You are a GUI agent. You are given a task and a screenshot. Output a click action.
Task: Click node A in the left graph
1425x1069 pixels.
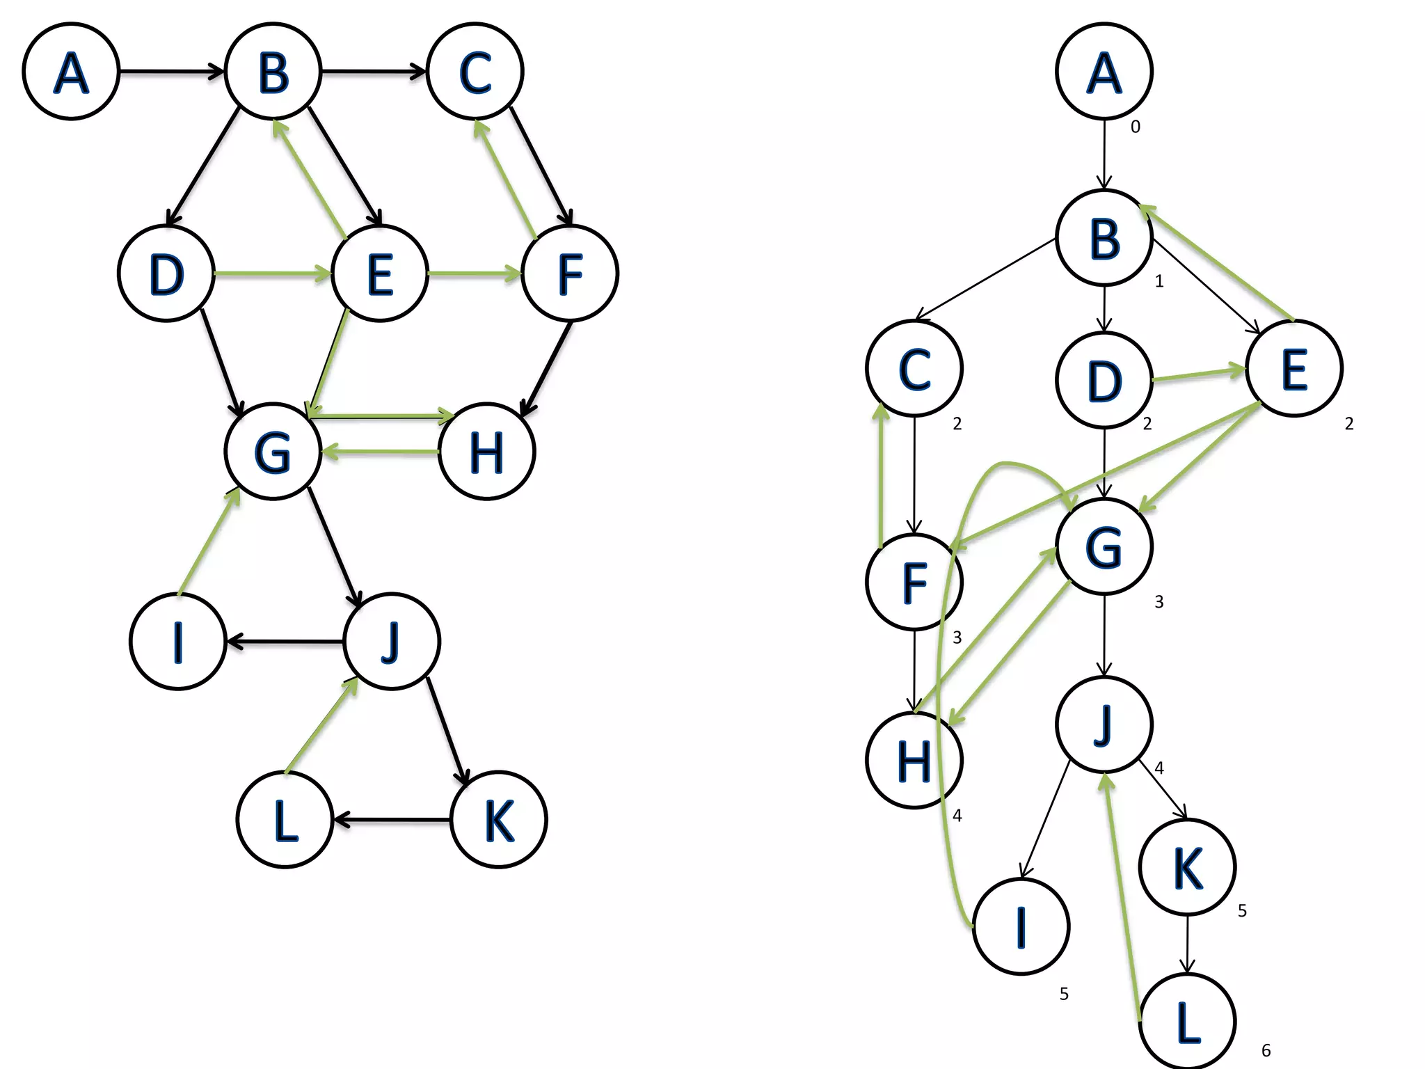(71, 71)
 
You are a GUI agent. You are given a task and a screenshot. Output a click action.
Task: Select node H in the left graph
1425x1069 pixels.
(486, 452)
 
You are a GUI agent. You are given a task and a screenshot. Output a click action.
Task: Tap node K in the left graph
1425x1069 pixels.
(499, 819)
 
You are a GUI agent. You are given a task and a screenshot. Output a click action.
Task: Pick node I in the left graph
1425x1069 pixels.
(178, 641)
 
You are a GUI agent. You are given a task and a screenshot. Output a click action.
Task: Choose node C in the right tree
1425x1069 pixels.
(914, 368)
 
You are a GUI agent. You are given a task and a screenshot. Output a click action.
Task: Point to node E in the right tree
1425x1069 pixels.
(1294, 368)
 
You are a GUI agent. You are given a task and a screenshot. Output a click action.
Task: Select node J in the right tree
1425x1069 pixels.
(1104, 724)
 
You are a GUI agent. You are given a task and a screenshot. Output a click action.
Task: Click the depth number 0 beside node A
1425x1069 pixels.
(1136, 127)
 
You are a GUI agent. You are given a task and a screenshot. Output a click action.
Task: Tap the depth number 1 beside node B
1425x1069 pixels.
(1159, 281)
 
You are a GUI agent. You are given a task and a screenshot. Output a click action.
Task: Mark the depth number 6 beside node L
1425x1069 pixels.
(1266, 1051)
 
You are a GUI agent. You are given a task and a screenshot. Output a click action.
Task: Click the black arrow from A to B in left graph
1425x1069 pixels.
(170, 71)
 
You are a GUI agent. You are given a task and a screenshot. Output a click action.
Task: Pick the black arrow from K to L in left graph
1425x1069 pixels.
(392, 819)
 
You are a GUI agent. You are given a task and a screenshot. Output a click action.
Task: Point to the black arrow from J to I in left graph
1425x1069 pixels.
(285, 641)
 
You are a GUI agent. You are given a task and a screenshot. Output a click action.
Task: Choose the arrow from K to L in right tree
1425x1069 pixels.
(1188, 943)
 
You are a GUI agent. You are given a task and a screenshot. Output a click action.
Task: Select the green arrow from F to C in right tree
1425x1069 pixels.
(882, 473)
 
